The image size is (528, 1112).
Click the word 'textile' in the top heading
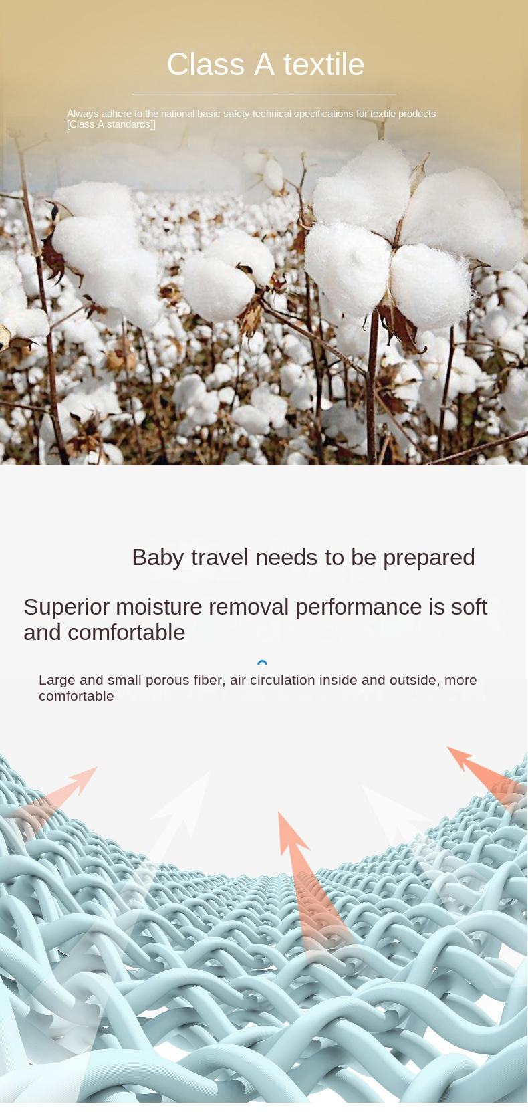pos(323,65)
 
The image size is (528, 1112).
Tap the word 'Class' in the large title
pos(205,65)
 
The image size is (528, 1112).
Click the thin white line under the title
pos(263,94)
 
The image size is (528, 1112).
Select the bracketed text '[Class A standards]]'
pos(111,124)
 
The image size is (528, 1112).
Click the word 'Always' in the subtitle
pos(83,114)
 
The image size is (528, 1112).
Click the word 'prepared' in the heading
pos(429,558)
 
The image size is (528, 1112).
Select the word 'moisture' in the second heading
pos(159,607)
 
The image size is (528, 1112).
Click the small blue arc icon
pos(263,661)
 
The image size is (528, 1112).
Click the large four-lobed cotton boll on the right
pos(397,238)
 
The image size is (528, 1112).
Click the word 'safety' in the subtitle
pos(236,114)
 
